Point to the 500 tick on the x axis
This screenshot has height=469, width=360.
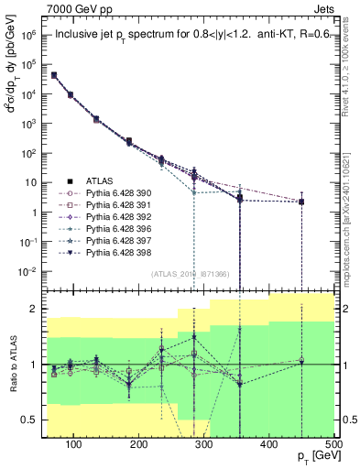tap(333, 444)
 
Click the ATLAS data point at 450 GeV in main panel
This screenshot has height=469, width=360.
tap(301, 202)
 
